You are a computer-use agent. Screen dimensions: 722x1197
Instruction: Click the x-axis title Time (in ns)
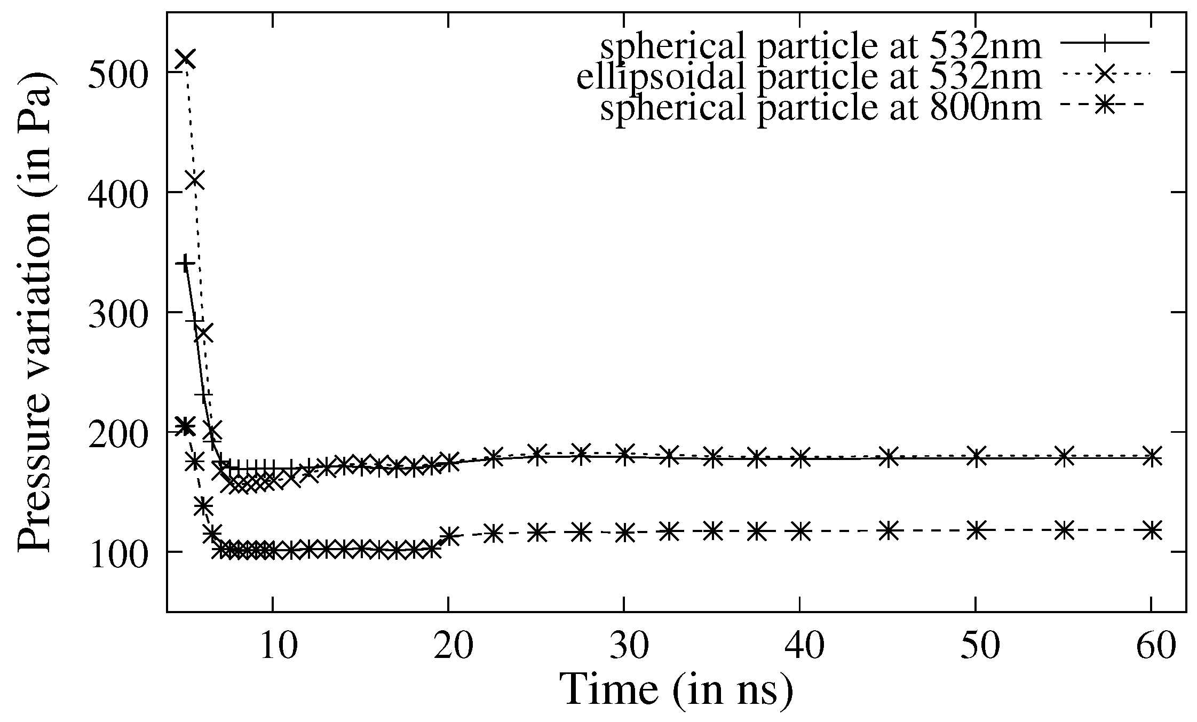pyautogui.click(x=677, y=689)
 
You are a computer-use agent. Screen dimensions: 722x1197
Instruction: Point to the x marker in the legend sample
pyautogui.click(x=1103, y=75)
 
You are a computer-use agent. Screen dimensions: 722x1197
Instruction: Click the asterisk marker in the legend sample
pyautogui.click(x=1103, y=106)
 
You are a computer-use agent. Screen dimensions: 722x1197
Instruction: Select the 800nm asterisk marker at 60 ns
pyautogui.click(x=1152, y=530)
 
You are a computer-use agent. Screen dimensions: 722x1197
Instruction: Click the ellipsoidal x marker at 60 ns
pyautogui.click(x=1152, y=456)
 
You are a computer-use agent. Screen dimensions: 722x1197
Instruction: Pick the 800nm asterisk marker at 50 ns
pyautogui.click(x=976, y=530)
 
